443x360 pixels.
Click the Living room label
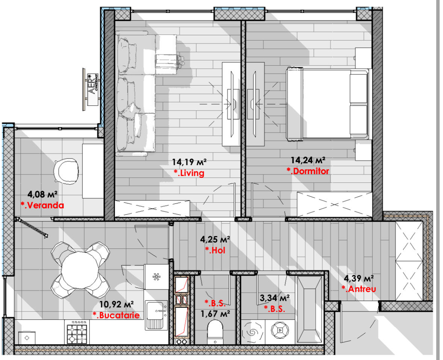pos(189,173)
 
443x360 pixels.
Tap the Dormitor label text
pos(308,171)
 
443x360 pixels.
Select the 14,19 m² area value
pos(189,162)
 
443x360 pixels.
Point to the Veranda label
pos(42,205)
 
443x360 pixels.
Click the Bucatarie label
pos(116,315)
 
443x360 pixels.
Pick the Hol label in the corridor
pos(215,250)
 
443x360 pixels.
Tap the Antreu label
pos(359,289)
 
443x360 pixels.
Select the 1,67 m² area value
pos(215,314)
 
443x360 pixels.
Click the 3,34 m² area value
pos(275,298)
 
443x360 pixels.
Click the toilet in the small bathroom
pos(215,332)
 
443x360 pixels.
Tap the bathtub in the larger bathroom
pos(309,310)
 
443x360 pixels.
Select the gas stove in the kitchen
pos(77,332)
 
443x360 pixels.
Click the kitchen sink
pos(156,315)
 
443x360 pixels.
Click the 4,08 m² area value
pos(43,194)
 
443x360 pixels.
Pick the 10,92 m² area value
pos(116,304)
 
